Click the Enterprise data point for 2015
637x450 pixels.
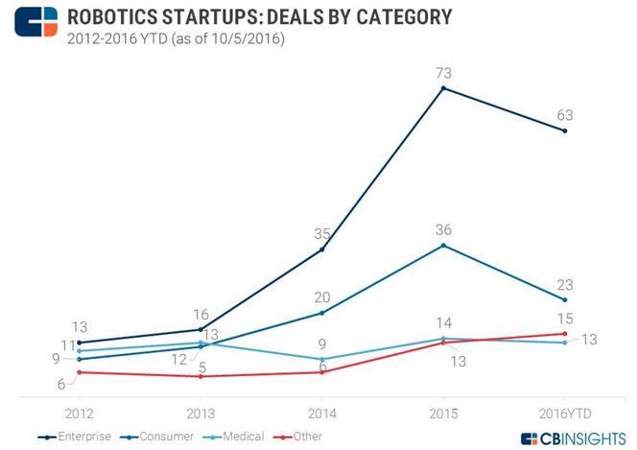click(443, 88)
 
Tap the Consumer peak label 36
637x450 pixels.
click(442, 230)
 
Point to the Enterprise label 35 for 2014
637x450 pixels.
click(321, 233)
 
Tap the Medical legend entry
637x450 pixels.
click(237, 437)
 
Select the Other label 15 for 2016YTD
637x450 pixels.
click(565, 318)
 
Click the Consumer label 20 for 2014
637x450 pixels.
click(321, 296)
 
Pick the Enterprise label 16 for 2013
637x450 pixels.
click(201, 314)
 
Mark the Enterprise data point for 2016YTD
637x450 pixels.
click(565, 131)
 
